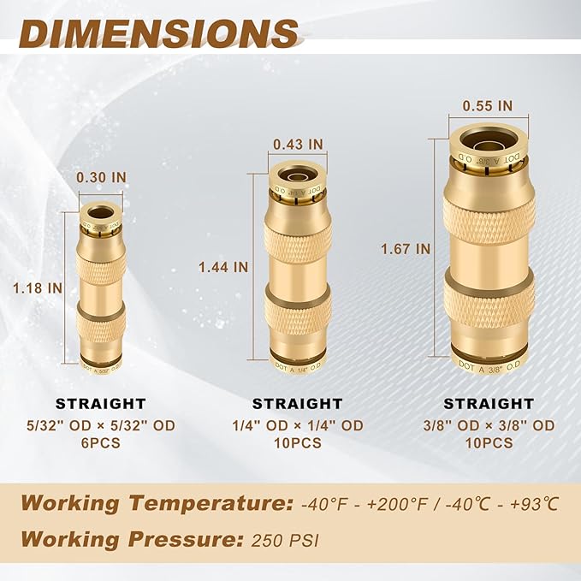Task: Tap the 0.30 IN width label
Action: (101, 177)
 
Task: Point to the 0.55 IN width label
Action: (488, 105)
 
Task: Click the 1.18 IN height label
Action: (39, 288)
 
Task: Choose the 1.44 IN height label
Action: (223, 266)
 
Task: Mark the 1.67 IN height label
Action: (406, 249)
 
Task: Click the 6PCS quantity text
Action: (101, 443)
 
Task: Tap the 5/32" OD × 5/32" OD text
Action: (101, 425)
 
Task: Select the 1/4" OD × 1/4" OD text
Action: (297, 425)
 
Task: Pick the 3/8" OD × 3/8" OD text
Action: (488, 425)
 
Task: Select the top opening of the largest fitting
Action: (488, 139)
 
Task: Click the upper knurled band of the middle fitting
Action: (297, 242)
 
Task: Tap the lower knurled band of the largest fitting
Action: (489, 302)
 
